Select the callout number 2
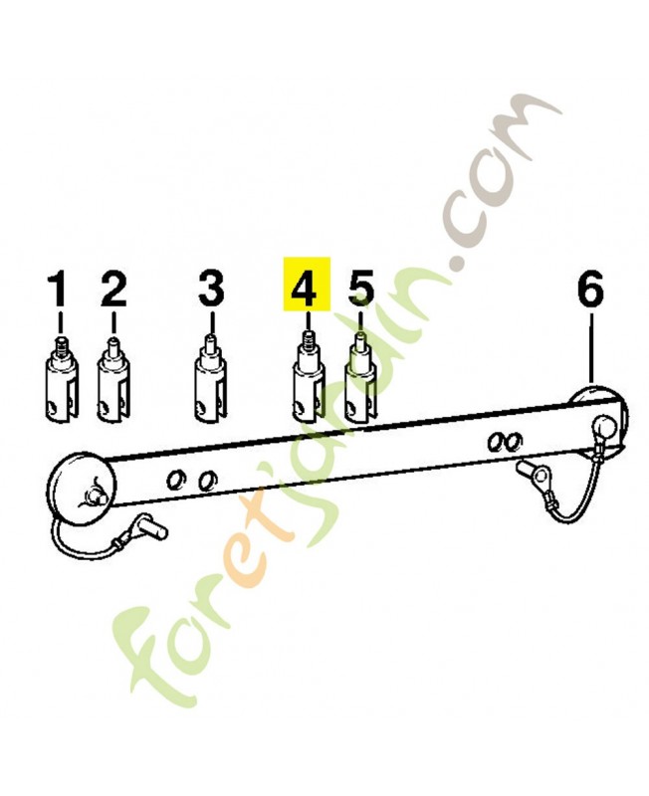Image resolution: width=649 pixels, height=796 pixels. pyautogui.click(x=113, y=289)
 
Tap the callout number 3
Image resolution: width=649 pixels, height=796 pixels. pyautogui.click(x=211, y=289)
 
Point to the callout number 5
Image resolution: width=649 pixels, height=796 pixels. pyautogui.click(x=360, y=289)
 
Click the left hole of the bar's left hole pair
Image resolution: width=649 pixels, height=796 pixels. pyautogui.click(x=176, y=480)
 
